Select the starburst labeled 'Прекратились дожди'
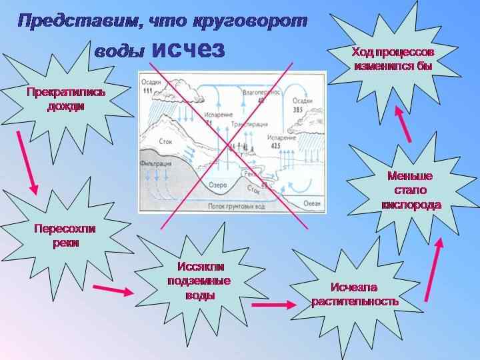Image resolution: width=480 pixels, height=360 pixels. click(x=65, y=98)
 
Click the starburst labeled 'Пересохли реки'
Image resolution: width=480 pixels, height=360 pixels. click(x=65, y=235)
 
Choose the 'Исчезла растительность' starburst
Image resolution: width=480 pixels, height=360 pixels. click(x=355, y=294)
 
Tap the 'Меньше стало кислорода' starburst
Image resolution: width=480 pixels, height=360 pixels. click(x=410, y=190)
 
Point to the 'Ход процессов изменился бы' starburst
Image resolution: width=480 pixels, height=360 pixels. click(x=393, y=59)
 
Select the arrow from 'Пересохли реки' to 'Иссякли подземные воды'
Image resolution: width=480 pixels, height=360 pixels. click(x=113, y=290)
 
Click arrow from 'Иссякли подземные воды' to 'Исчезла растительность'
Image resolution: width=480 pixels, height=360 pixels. click(x=273, y=305)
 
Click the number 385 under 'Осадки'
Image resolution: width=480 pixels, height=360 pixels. click(x=297, y=109)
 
